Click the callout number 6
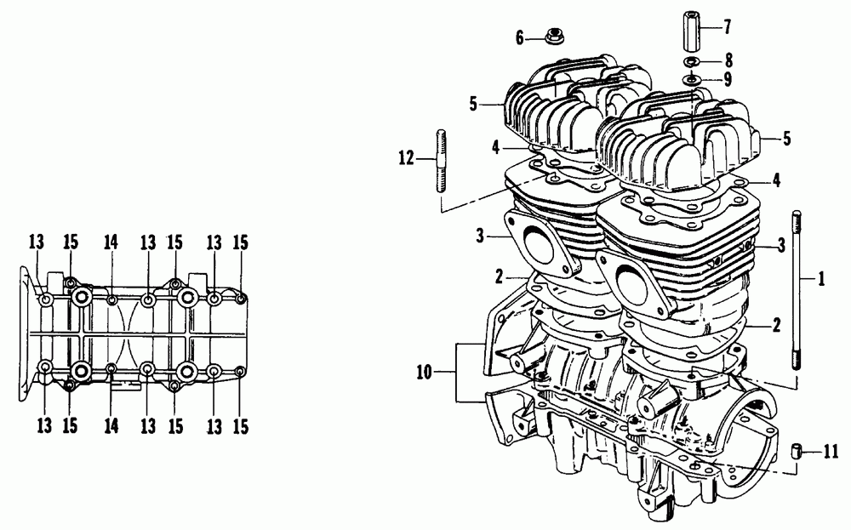coord(519,38)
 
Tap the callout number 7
coord(728,26)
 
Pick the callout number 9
coord(728,79)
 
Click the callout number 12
coord(407,158)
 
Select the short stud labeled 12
coord(441,160)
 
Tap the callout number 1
coord(822,279)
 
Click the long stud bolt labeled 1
coord(797,290)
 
